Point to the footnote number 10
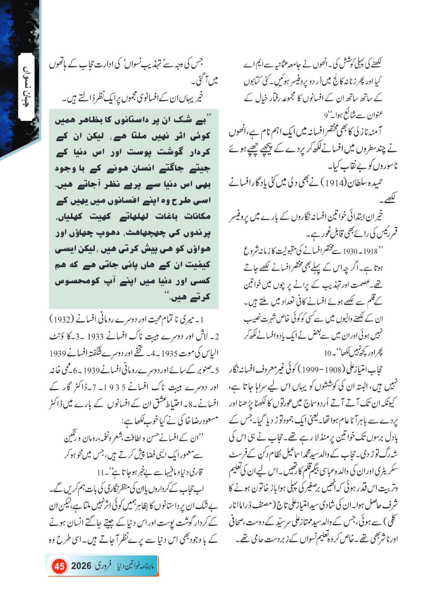point(328,353)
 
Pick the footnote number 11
point(101,472)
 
